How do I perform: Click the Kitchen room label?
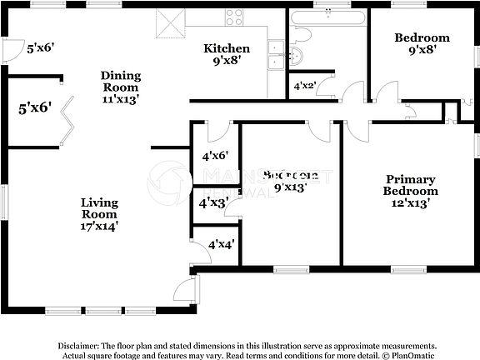pyautogui.click(x=227, y=49)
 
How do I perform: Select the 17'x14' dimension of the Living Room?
pyautogui.click(x=99, y=225)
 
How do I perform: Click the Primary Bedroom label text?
pyautogui.click(x=410, y=185)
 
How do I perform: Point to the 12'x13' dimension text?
pyautogui.click(x=410, y=203)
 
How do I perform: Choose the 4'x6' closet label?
pyautogui.click(x=214, y=154)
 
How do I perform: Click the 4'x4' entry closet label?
pyautogui.click(x=222, y=244)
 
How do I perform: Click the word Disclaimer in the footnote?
pyautogui.click(x=78, y=345)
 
